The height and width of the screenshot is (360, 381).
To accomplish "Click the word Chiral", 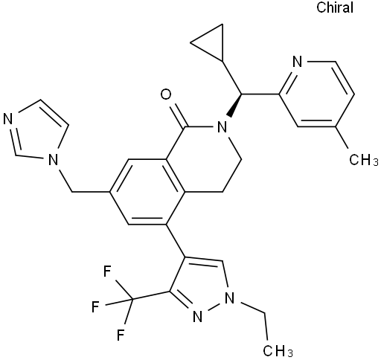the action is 335,7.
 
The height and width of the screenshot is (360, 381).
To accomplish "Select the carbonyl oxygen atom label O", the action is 166,94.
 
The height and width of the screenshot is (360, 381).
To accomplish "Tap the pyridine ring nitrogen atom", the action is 298,61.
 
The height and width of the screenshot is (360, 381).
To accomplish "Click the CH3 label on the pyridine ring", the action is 364,161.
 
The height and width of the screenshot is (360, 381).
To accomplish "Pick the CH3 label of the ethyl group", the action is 278,350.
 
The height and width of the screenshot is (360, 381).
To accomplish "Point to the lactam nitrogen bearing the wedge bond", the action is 222,127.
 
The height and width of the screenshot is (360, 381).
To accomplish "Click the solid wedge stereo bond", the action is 234,106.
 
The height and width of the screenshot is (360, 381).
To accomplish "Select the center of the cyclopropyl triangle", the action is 212,42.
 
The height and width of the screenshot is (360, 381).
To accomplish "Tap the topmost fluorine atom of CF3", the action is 107,271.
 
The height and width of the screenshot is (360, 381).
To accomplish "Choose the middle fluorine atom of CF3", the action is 95,306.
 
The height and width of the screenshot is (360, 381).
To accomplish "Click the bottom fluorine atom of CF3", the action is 121,335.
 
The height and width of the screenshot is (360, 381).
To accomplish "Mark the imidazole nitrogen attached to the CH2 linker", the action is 53,160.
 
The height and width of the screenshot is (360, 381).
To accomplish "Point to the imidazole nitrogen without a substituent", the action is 7,119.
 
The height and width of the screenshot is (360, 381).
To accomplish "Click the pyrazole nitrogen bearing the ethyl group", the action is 229,298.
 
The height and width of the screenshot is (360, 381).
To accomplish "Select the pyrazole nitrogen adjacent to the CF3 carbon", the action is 197,317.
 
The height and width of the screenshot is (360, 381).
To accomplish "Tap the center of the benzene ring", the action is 147,192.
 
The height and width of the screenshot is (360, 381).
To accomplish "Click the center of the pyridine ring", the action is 316,94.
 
